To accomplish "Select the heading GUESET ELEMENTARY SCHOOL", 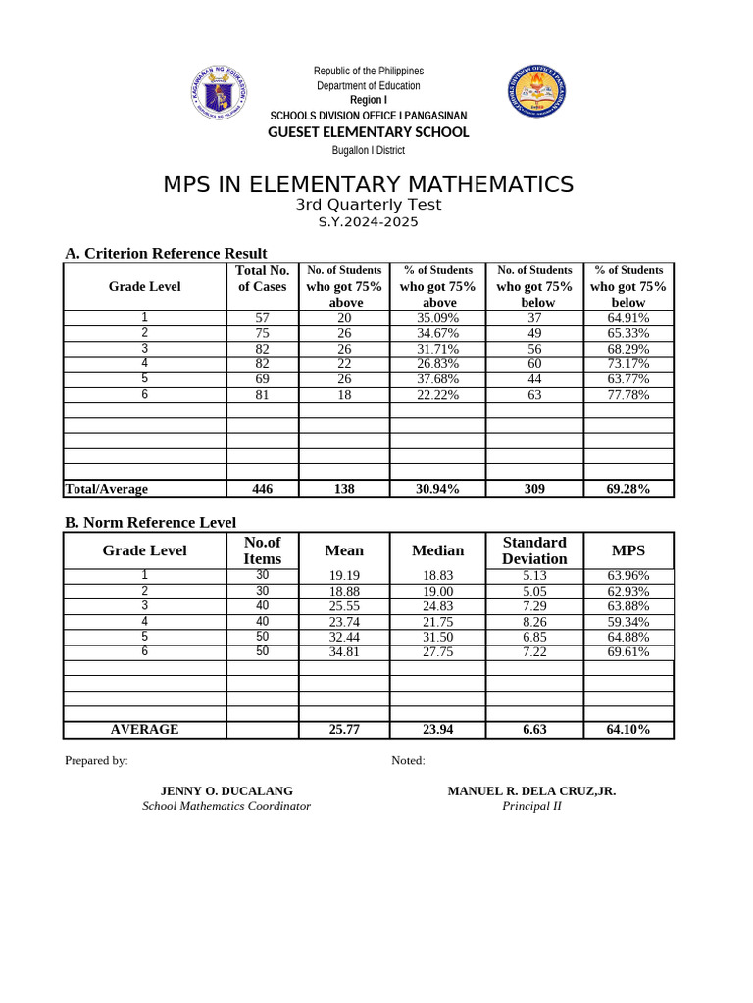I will (369, 132).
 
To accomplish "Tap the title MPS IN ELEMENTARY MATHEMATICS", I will (368, 184).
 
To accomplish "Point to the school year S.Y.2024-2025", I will (369, 222).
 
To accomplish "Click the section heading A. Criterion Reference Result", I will (166, 254).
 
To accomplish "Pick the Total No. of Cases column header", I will (263, 278).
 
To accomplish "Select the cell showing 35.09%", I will (437, 318).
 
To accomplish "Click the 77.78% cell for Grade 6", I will (627, 395).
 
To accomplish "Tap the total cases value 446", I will (263, 489).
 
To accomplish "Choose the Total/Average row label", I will (106, 489).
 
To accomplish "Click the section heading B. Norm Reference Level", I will (150, 523).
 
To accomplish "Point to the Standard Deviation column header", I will (534, 550).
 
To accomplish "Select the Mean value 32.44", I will (344, 637).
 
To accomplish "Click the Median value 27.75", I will (437, 652).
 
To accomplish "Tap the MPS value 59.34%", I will (628, 622).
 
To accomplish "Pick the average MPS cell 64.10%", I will (628, 730).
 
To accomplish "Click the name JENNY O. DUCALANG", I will (226, 791).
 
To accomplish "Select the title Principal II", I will (531, 806).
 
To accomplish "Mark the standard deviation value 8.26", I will (534, 622).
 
